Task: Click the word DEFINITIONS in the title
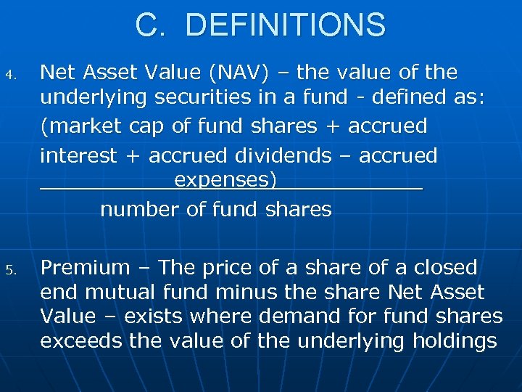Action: click(286, 25)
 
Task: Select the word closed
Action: click(445, 268)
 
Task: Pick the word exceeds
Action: click(81, 340)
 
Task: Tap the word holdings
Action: click(455, 340)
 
